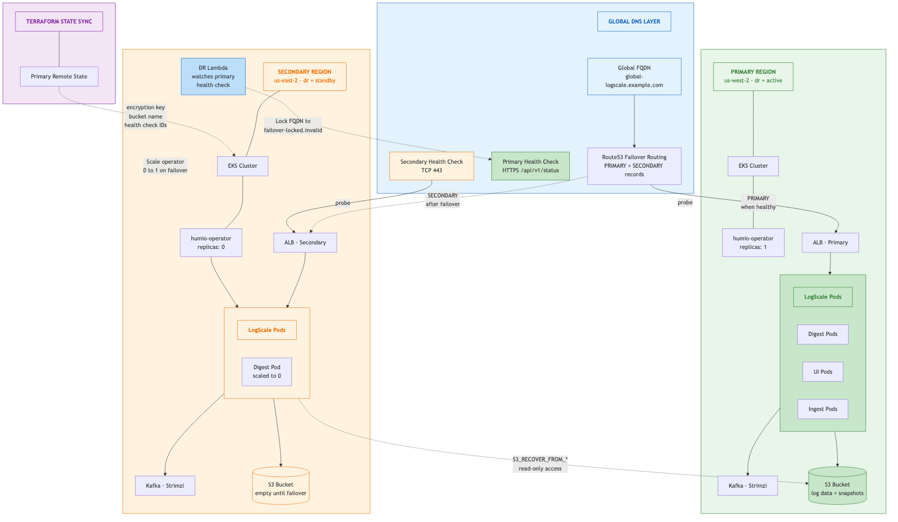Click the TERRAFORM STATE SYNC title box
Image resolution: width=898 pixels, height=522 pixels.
pyautogui.click(x=59, y=22)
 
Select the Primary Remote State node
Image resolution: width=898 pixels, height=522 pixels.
pyautogui.click(x=59, y=77)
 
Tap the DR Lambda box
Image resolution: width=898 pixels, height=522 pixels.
pyautogui.click(x=213, y=76)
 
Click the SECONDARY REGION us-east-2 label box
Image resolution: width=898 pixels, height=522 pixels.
pyautogui.click(x=305, y=77)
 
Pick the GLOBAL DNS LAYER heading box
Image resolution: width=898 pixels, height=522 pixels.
pyautogui.click(x=634, y=22)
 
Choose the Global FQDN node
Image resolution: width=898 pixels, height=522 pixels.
pyautogui.click(x=634, y=76)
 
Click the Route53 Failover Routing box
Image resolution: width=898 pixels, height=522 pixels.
pyautogui.click(x=634, y=166)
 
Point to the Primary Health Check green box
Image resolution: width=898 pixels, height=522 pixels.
pyautogui.click(x=530, y=166)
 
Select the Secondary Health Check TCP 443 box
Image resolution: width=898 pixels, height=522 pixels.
pyautogui.click(x=431, y=166)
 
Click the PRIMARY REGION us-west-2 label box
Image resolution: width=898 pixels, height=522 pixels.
pyautogui.click(x=753, y=77)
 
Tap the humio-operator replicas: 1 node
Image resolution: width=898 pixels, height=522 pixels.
pyautogui.click(x=753, y=243)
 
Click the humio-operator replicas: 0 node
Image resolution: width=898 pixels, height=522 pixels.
pyautogui.click(x=211, y=243)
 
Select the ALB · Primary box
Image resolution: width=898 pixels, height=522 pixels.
pyautogui.click(x=830, y=243)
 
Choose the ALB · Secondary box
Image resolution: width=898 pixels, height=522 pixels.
pyautogui.click(x=305, y=243)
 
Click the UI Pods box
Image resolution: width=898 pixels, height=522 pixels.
pyautogui.click(x=822, y=372)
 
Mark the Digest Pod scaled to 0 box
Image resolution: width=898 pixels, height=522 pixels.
pyautogui.click(x=267, y=372)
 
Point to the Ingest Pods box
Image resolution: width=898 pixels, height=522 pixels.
pyautogui.click(x=822, y=409)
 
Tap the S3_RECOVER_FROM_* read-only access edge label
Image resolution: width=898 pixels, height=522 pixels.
pyautogui.click(x=540, y=464)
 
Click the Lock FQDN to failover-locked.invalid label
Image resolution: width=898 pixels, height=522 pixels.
pyautogui.click(x=293, y=125)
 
